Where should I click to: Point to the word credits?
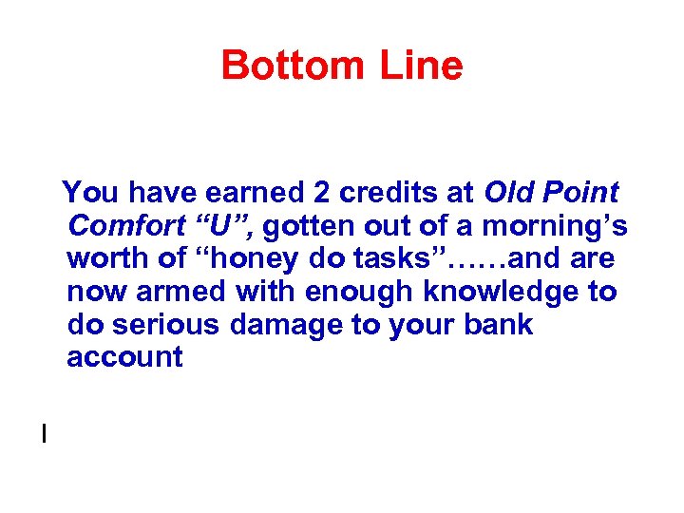(x=391, y=194)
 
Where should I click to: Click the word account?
(x=124, y=357)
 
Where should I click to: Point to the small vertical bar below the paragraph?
(x=44, y=434)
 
